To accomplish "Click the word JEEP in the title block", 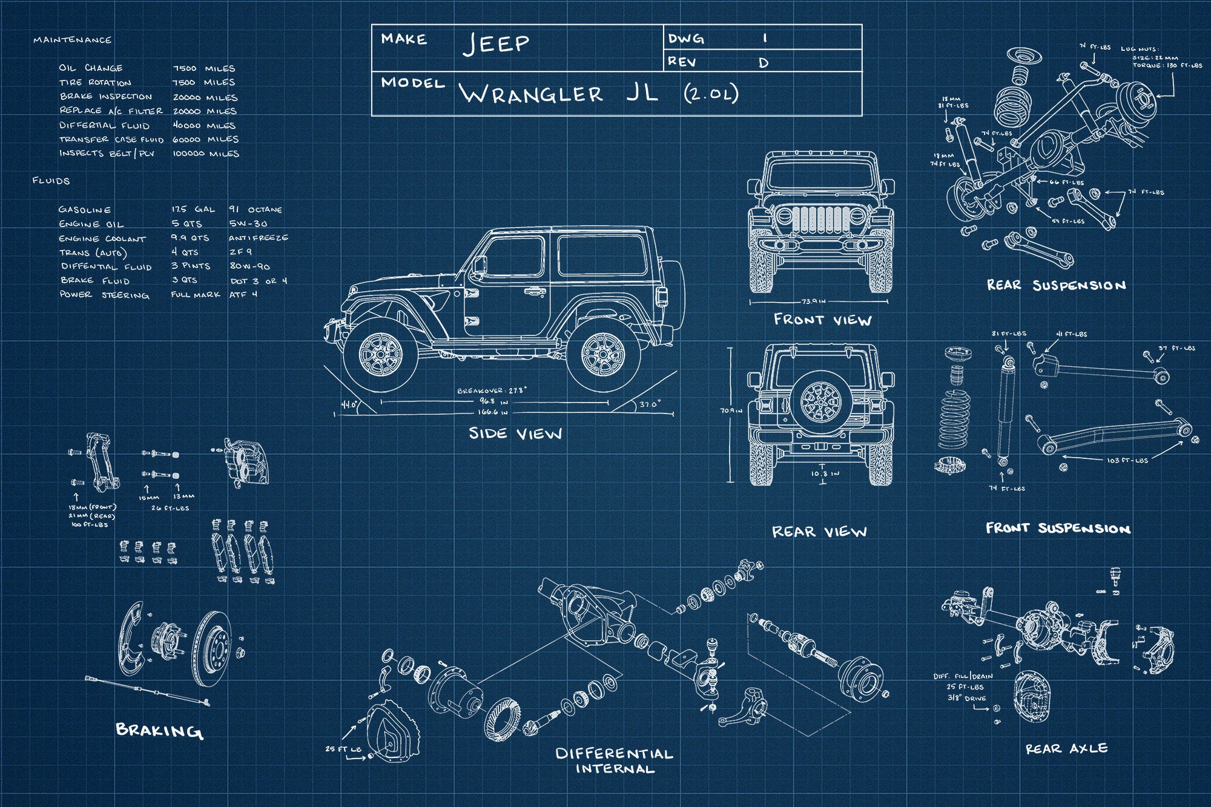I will pos(497,44).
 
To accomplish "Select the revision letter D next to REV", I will pos(764,63).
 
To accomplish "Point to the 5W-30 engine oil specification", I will pos(248,223).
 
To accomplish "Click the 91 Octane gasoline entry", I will pos(255,209).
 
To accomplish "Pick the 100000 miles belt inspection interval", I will pos(206,154).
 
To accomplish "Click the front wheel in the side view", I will pos(380,355).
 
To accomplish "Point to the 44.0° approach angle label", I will pos(349,404).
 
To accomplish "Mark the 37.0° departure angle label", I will pos(650,404).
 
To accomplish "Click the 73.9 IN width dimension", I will pos(814,301).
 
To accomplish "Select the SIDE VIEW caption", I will pos(515,433).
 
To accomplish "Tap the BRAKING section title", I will pos(159,730).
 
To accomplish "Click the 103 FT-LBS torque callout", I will pos(1127,461).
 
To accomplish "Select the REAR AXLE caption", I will pos(1066,749).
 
